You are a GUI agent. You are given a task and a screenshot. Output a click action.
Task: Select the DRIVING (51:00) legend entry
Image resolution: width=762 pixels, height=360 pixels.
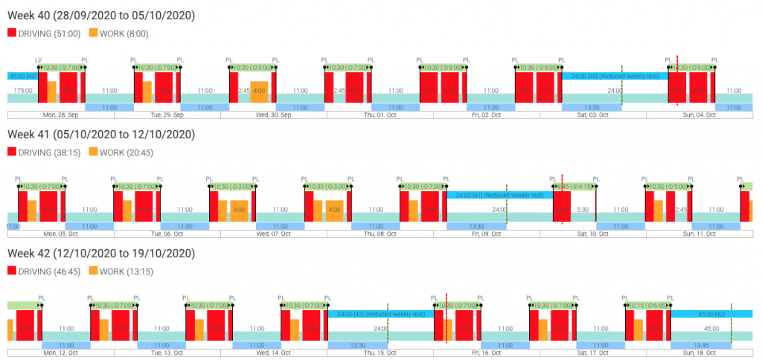[45, 33]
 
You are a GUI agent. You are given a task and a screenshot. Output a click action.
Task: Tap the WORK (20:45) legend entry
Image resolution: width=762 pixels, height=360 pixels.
[119, 151]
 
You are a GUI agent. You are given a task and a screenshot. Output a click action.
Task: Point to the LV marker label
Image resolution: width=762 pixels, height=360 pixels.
[39, 60]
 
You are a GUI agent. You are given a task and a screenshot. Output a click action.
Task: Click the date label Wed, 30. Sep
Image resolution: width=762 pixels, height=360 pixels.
[273, 115]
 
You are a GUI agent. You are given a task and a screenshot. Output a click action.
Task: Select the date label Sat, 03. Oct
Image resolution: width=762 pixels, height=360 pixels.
[592, 115]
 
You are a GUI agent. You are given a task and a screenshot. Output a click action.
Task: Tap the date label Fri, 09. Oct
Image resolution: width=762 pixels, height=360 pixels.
[487, 234]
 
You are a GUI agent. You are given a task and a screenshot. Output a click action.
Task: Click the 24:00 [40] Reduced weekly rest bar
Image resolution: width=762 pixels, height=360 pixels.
[614, 76]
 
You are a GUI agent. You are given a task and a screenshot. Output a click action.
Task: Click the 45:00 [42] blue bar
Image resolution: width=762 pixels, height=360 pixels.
[710, 314]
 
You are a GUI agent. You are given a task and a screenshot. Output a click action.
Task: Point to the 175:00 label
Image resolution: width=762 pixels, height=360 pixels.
[22, 91]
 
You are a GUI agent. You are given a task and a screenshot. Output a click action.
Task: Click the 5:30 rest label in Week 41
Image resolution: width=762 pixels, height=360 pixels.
[583, 210]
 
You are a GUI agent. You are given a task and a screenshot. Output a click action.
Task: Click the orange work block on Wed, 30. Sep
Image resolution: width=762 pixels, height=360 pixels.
[259, 91]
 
